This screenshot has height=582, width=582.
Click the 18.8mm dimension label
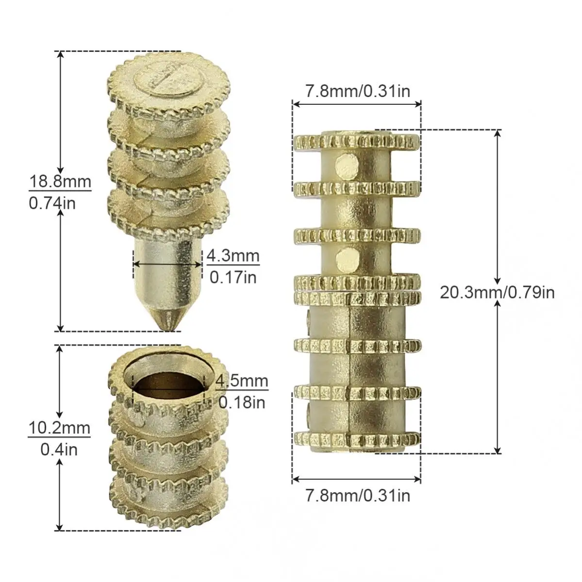click(x=60, y=182)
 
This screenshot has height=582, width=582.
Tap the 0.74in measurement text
click(x=52, y=203)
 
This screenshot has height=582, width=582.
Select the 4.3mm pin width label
click(x=233, y=256)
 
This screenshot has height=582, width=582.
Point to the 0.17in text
click(x=233, y=277)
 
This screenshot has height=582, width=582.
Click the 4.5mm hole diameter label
click(x=242, y=381)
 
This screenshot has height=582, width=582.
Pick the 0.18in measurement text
click(x=242, y=402)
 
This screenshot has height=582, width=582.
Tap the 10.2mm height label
click(x=59, y=428)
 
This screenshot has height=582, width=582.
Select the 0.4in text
click(x=59, y=450)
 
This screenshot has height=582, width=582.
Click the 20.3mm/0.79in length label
click(x=498, y=293)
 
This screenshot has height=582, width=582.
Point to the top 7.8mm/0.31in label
click(x=358, y=91)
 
